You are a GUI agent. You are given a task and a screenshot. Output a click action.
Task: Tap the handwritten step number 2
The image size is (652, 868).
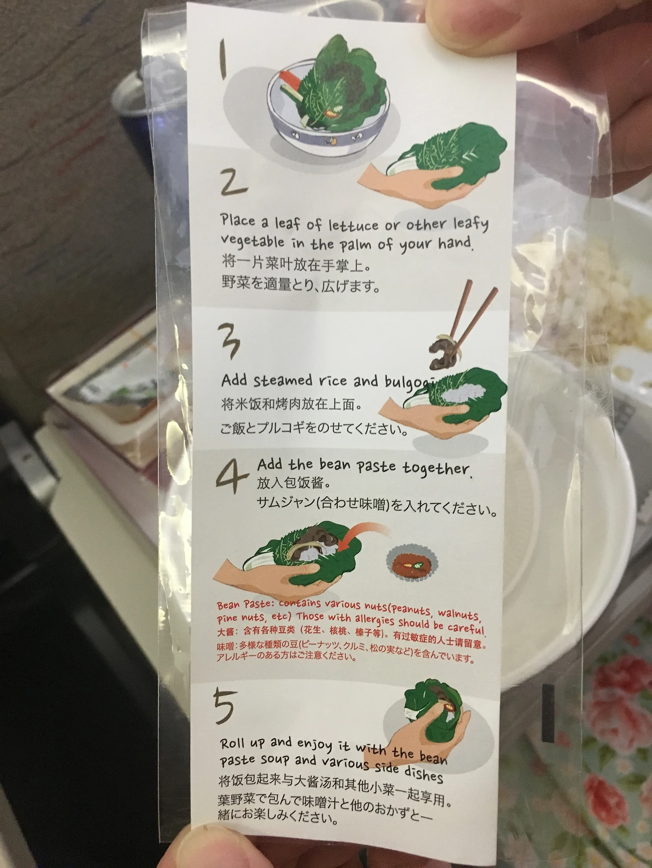coord(234,182)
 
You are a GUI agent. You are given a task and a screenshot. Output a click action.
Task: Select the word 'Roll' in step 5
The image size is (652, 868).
coord(233,743)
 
